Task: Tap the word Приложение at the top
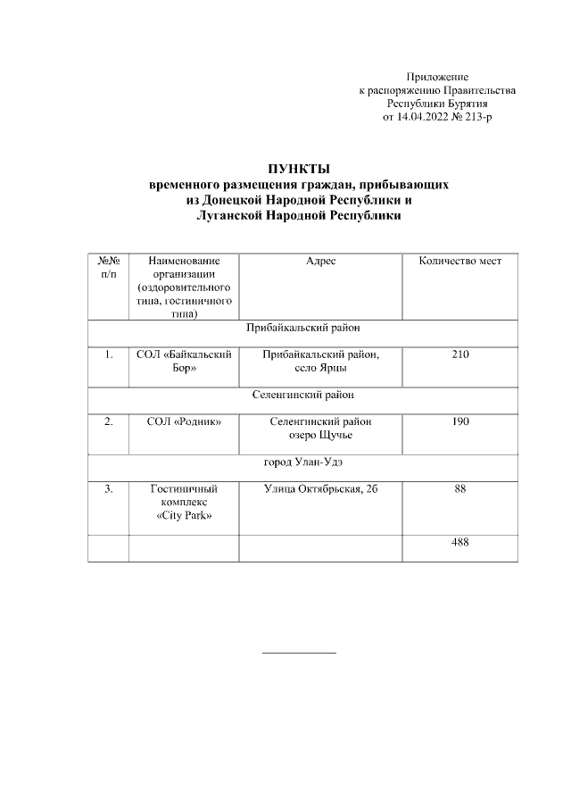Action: [x=436, y=78]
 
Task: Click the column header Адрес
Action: [x=320, y=261]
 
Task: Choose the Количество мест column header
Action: [x=459, y=261]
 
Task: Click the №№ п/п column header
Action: [x=108, y=267]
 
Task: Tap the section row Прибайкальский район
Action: [x=302, y=327]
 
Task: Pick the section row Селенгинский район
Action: [x=302, y=394]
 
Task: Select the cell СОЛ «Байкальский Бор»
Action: [x=184, y=362]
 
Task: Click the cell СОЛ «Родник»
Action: [x=184, y=421]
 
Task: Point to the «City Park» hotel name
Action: [x=184, y=517]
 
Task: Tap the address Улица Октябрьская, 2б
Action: [x=320, y=488]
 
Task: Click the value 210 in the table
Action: [x=459, y=355]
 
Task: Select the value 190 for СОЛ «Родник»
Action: [x=459, y=421]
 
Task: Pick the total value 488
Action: [x=459, y=542]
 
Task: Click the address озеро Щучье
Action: [x=320, y=435]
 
